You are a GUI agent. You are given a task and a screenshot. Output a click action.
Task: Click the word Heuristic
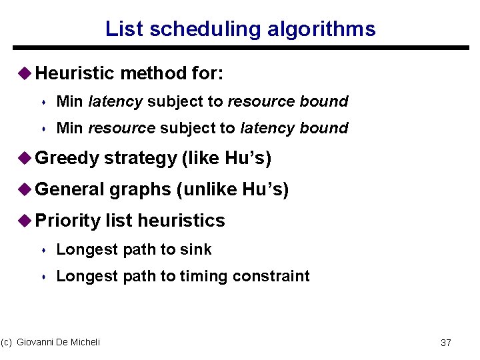point(73,73)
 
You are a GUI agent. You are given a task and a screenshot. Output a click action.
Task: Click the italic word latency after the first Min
point(115,101)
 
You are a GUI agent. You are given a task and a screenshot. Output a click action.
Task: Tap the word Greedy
point(67,159)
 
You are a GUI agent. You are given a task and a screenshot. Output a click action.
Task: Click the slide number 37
point(446,343)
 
